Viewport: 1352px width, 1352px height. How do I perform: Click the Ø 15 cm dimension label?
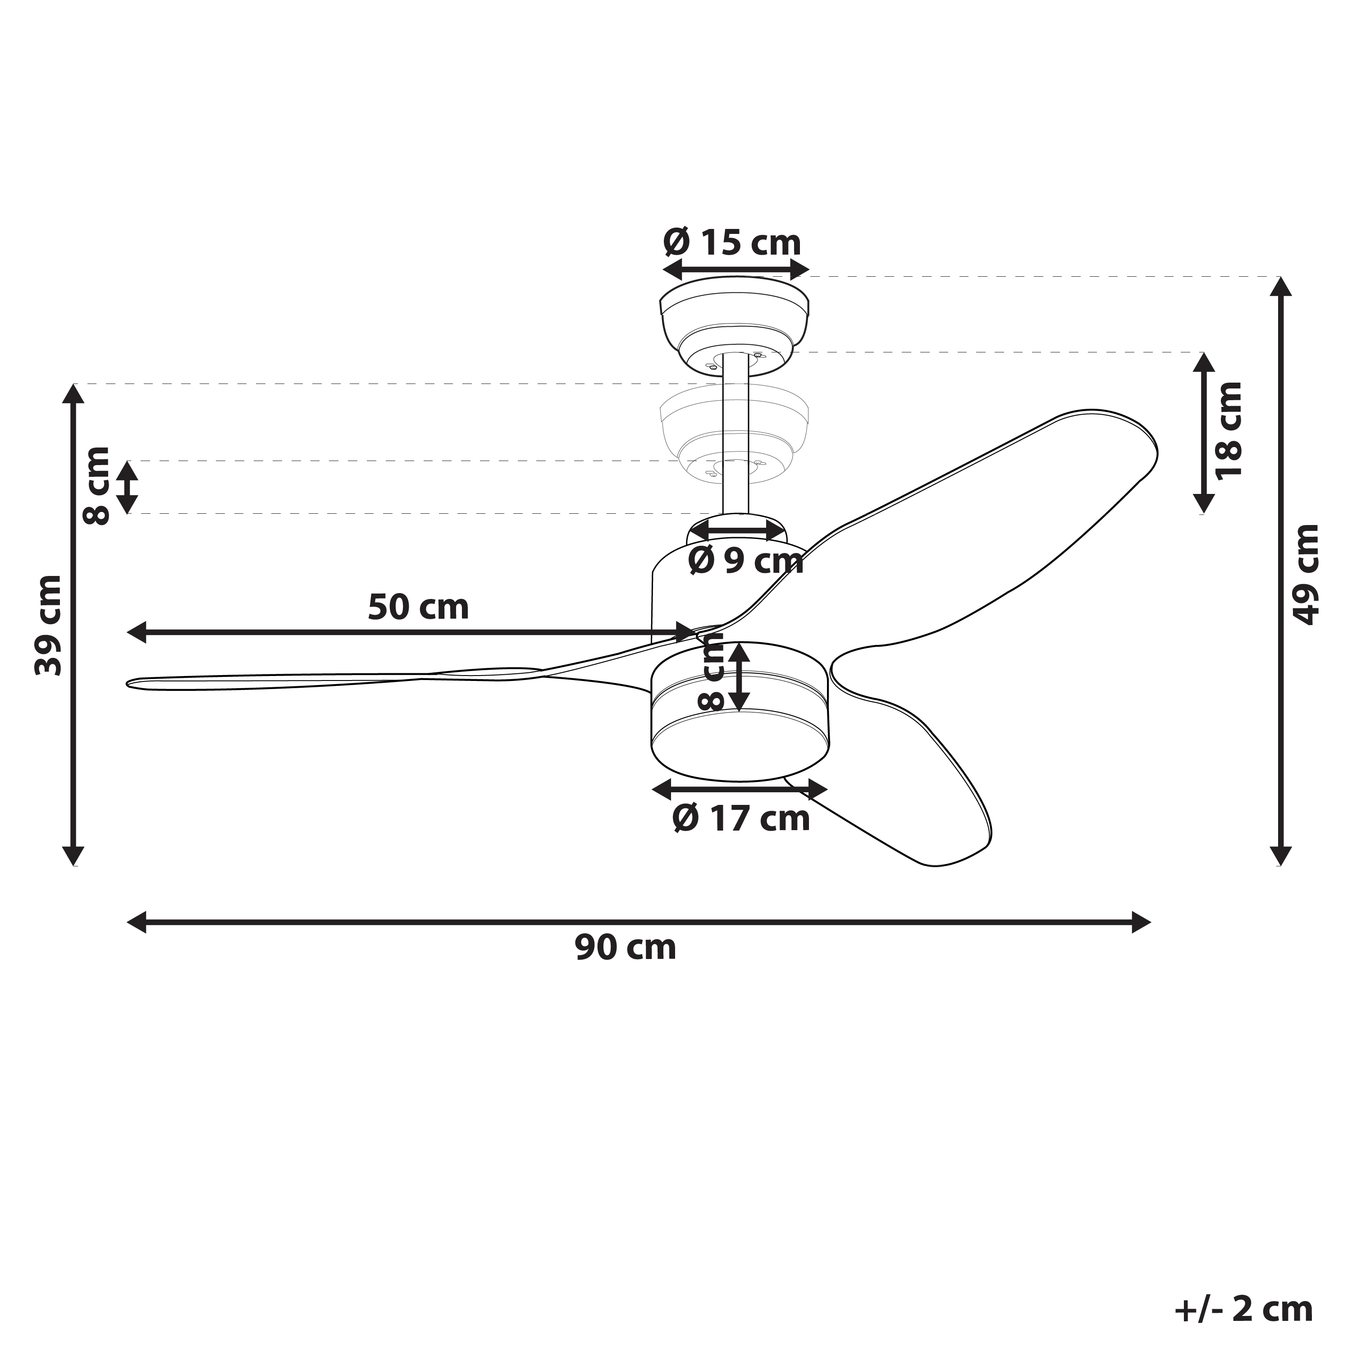click(x=732, y=243)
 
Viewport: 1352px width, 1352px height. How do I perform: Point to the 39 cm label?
click(x=49, y=626)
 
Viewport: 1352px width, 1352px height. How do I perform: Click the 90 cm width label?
click(x=626, y=947)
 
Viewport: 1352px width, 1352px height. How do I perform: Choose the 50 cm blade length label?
click(x=419, y=606)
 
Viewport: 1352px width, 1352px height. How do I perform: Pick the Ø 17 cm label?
click(x=741, y=818)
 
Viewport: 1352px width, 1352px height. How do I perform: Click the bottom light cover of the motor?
click(x=740, y=749)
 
